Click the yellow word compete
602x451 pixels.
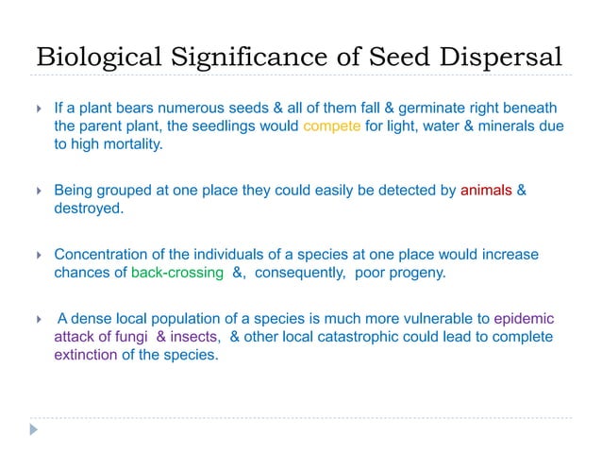[x=332, y=125]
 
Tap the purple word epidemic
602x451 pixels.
[x=524, y=318]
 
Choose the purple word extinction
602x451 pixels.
[x=87, y=356]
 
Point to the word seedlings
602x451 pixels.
[x=218, y=125]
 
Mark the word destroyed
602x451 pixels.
[x=89, y=209]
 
